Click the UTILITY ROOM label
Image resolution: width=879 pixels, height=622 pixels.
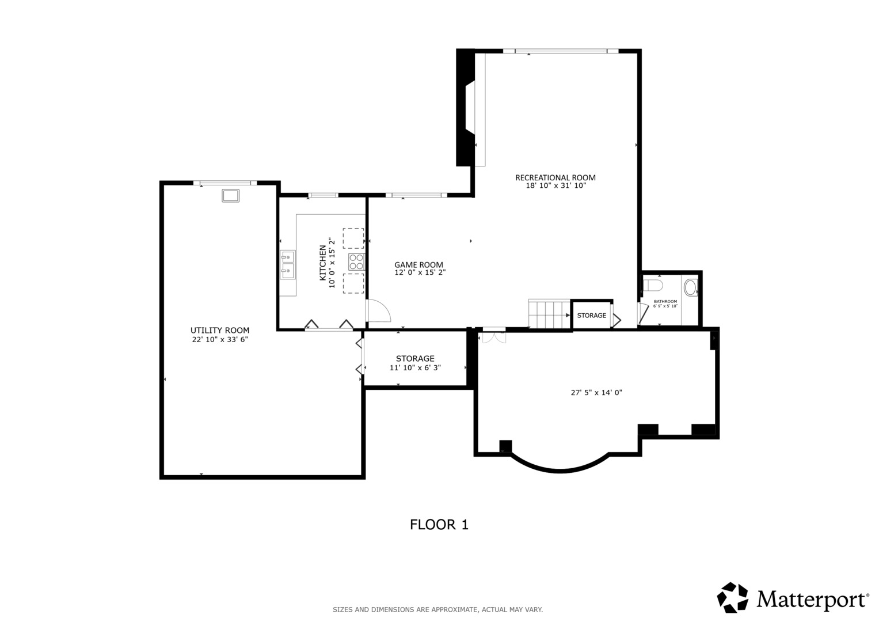[220, 330]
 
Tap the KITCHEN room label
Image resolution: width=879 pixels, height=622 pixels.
[322, 263]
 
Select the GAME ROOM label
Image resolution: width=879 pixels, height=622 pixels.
[418, 265]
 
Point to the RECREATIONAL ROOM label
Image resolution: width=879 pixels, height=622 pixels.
[555, 177]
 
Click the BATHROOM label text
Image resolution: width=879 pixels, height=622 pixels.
[665, 302]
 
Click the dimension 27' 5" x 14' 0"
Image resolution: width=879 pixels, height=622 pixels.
[596, 392]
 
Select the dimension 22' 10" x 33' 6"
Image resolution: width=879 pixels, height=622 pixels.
[220, 339]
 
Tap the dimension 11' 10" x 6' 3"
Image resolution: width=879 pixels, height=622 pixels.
[415, 367]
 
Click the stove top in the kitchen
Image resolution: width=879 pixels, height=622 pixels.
[356, 262]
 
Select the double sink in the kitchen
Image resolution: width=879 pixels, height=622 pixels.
[288, 265]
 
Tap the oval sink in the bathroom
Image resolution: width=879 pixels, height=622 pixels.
[691, 287]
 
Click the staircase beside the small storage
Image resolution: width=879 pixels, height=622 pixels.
[549, 314]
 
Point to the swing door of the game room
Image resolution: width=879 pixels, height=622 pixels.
[378, 310]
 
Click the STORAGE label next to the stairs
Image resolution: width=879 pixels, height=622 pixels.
[591, 316]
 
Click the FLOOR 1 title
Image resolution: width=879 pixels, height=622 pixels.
[439, 525]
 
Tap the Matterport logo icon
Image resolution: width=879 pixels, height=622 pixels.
[733, 597]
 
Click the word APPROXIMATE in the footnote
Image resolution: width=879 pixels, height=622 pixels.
[455, 610]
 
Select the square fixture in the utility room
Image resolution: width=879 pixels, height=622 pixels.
[230, 196]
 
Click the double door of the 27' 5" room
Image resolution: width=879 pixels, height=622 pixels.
[494, 337]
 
